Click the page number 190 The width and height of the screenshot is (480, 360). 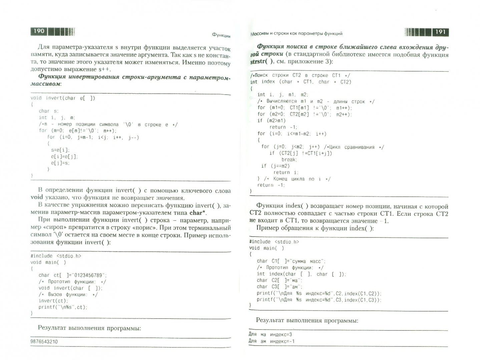tap(39, 31)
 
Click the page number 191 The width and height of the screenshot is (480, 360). tap(440, 32)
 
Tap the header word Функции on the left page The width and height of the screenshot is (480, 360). tap(221, 35)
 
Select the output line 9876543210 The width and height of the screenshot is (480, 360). tap(44, 342)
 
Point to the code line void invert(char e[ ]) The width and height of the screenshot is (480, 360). tap(63, 98)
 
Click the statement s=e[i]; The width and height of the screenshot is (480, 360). tap(60, 150)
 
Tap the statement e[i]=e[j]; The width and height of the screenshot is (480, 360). tap(64, 156)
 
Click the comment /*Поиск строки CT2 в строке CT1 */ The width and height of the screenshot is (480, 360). tap(300, 75)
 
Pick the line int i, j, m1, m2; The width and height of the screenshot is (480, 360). tap(283, 95)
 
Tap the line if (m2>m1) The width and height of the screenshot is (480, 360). tap(272, 121)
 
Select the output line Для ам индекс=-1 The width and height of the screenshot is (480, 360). tap(272, 341)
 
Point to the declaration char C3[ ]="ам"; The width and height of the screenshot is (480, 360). tap(280, 287)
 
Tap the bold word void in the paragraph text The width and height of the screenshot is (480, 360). tap(37, 197)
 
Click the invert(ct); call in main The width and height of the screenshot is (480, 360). tap(53, 301)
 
